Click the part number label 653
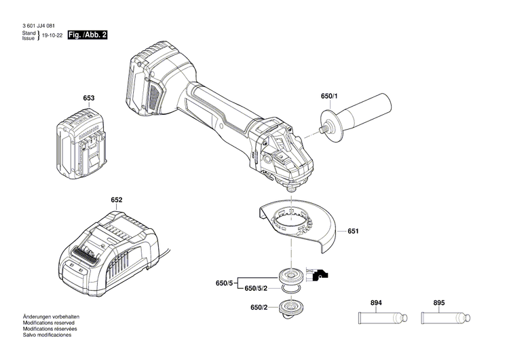[89, 98]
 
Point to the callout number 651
[353, 232]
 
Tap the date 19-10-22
[52, 35]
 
